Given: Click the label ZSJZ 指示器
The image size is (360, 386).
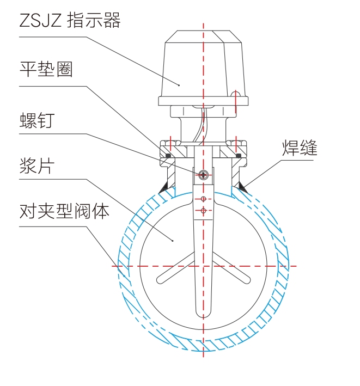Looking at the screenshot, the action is (70, 20).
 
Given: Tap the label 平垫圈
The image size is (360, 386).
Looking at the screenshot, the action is (46, 69).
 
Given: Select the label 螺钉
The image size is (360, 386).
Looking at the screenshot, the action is (37, 120).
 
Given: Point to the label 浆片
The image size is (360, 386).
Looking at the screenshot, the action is (37, 166).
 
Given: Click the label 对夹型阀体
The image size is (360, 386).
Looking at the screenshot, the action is (64, 211).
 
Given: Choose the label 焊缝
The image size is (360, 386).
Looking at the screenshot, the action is (300, 148).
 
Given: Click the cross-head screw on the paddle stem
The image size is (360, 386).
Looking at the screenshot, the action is (203, 175).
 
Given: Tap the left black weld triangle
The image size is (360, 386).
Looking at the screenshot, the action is (163, 188).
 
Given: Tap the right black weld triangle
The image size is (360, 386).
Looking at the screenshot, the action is (242, 187).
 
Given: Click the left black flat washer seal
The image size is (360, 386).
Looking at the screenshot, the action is (168, 156).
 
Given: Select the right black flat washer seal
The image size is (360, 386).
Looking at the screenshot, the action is (239, 156).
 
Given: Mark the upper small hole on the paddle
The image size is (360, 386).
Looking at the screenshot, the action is (203, 199).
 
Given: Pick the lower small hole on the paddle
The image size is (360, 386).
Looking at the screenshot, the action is (203, 211).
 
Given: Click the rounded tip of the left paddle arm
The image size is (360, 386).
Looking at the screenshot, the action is (160, 280).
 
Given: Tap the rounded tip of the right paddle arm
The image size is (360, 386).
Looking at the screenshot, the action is (247, 280).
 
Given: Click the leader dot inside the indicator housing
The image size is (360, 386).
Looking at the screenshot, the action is (179, 85).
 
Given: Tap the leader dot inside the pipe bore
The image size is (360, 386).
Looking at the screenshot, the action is (172, 241).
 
